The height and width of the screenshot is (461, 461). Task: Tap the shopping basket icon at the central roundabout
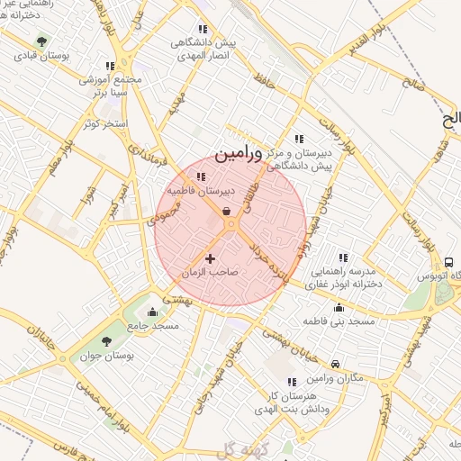pyautogui.click(x=227, y=211)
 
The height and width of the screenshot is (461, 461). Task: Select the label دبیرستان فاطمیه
pyautogui.click(x=200, y=192)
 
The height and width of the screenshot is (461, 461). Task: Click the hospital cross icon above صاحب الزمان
pyautogui.click(x=211, y=259)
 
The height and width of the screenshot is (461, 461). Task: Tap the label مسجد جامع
pyautogui.click(x=153, y=325)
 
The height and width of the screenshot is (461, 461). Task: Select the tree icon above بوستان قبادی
pyautogui.click(x=40, y=41)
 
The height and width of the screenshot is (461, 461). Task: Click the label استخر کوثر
pyautogui.click(x=106, y=123)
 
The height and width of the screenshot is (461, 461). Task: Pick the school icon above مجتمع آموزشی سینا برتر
pyautogui.click(x=110, y=66)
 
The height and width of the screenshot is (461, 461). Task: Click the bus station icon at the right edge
pyautogui.click(x=447, y=262)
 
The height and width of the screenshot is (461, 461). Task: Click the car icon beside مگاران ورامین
pyautogui.click(x=335, y=365)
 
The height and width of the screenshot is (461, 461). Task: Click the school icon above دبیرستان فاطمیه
pyautogui.click(x=199, y=177)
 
